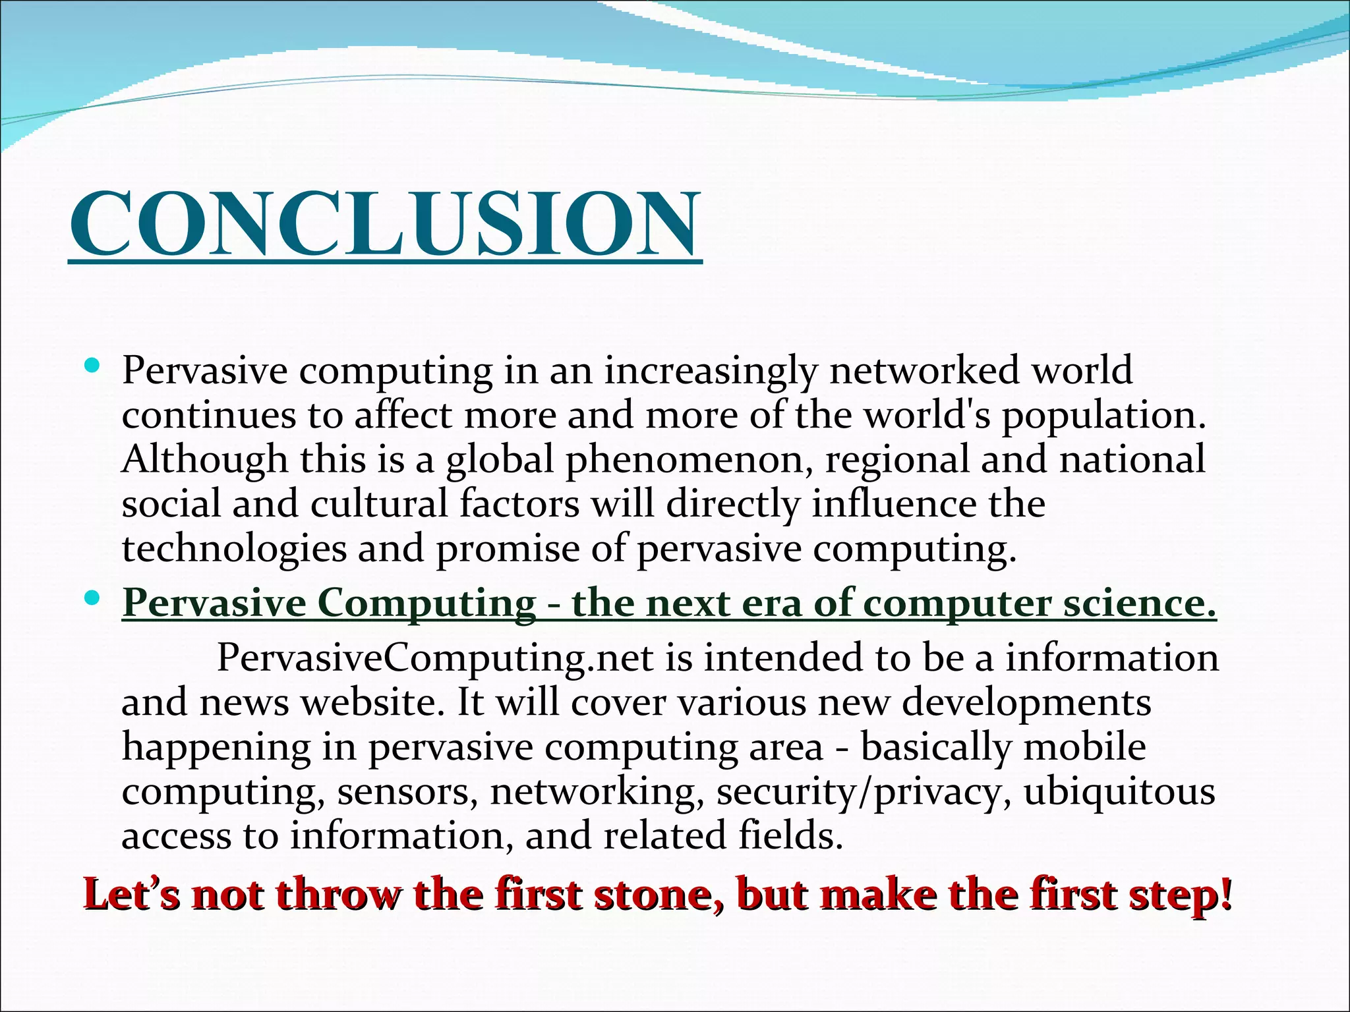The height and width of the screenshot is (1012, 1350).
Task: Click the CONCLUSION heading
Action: [x=384, y=223]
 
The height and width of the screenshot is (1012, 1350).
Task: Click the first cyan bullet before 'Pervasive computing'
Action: [x=92, y=364]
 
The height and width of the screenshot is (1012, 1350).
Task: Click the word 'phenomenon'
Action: [x=688, y=461]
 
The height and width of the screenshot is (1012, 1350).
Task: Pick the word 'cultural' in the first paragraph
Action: [x=379, y=504]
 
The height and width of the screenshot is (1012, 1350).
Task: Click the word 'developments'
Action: [x=1026, y=703]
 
